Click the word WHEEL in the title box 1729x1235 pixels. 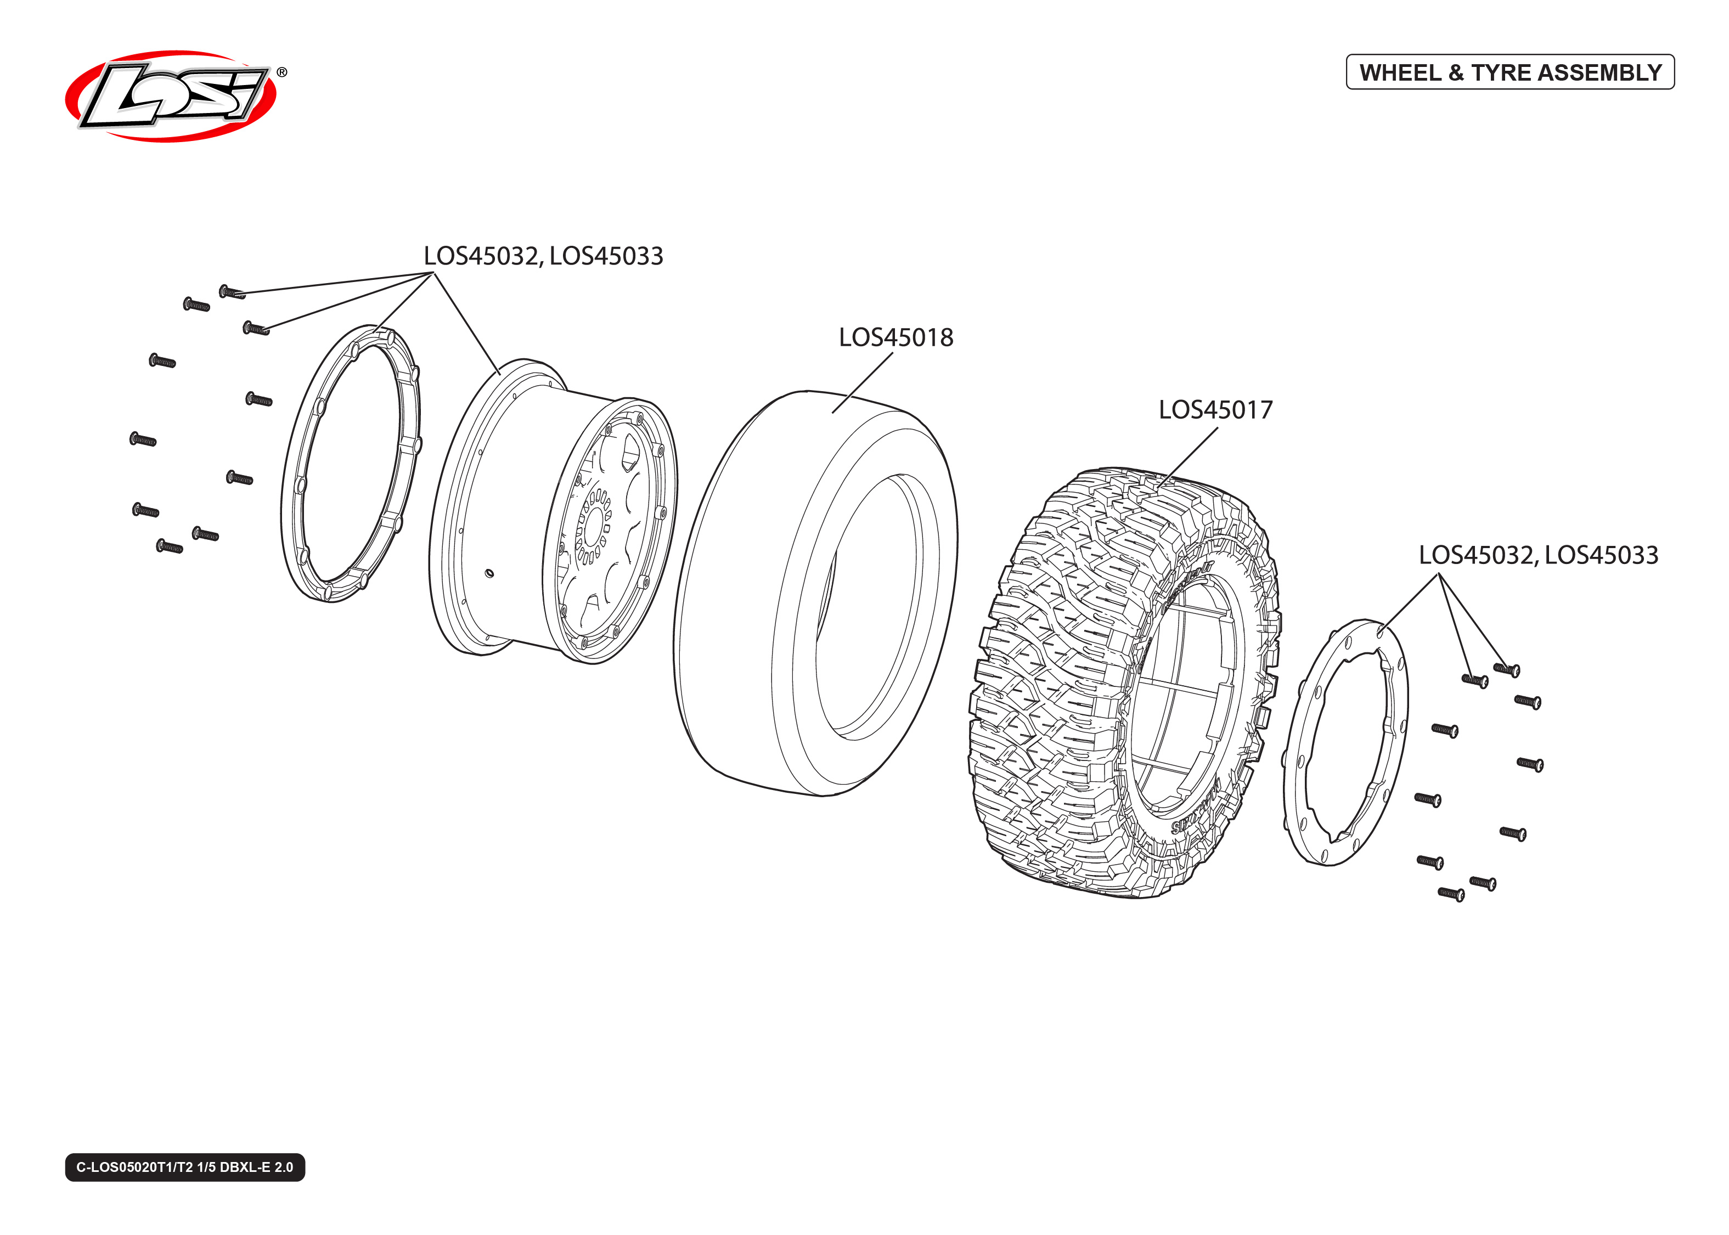pyautogui.click(x=1400, y=73)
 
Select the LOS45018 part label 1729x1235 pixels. pyautogui.click(x=896, y=337)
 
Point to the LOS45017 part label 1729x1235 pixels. pyautogui.click(x=1215, y=410)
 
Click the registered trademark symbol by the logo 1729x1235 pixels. pyautogui.click(x=282, y=72)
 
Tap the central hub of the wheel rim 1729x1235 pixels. pyautogui.click(x=595, y=525)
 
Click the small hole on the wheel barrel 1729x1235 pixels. pyautogui.click(x=489, y=573)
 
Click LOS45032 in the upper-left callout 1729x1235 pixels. pyautogui.click(x=481, y=256)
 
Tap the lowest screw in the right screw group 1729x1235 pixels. pyautogui.click(x=1451, y=894)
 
